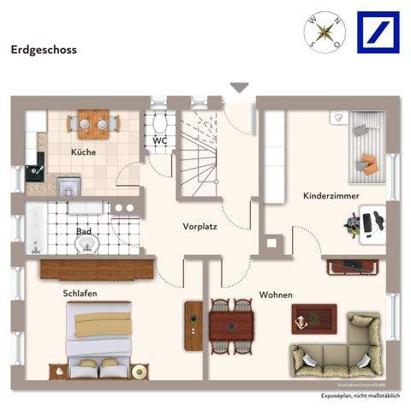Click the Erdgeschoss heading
point(44,50)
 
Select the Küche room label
point(84,152)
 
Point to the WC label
point(160,140)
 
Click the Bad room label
point(84,231)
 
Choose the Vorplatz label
point(199,227)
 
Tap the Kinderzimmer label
point(331,196)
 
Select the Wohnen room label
point(276,295)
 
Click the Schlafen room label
point(80,294)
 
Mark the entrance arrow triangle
point(239,86)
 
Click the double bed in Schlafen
point(100,341)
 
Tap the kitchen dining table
point(93,123)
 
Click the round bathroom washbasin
point(87,247)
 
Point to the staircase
point(200,154)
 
